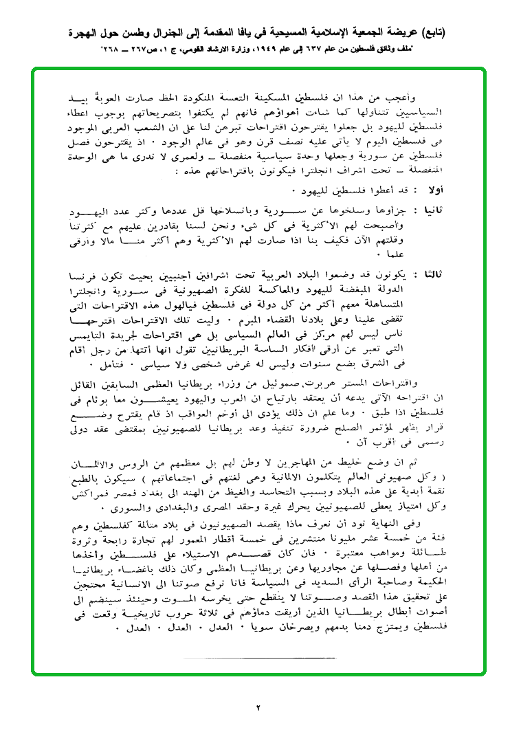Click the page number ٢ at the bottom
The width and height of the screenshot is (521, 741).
[x=260, y=707]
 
